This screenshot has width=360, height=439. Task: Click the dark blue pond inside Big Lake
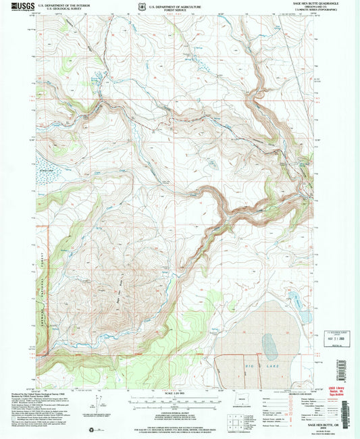(270, 347)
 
